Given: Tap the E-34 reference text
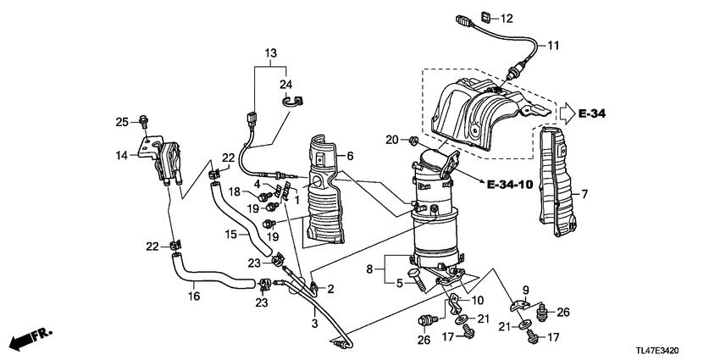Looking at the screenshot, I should click(595, 112).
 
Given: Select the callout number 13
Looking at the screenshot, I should click(269, 53).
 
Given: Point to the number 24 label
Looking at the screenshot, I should click(285, 83).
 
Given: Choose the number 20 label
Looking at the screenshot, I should click(390, 139).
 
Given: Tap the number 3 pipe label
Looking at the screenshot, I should click(314, 323).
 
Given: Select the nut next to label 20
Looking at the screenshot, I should click(413, 139).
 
